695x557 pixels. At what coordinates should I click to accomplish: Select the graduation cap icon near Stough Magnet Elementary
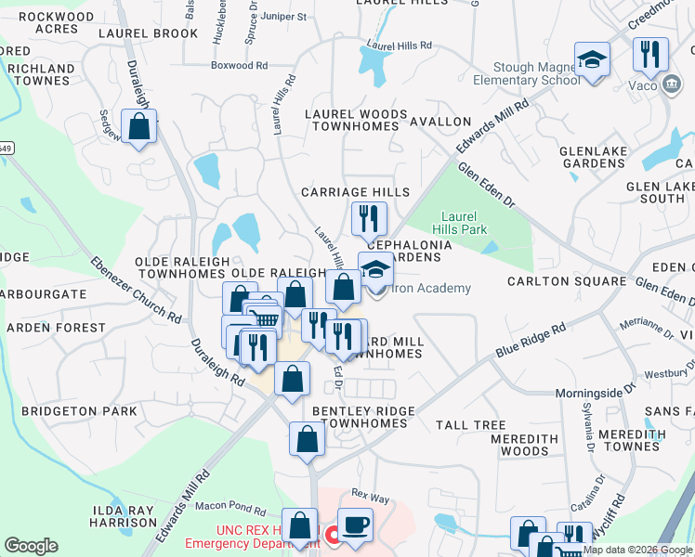coord(591,59)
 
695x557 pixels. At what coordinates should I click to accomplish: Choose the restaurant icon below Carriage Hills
coord(369,219)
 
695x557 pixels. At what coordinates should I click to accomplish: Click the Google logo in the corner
coord(31,546)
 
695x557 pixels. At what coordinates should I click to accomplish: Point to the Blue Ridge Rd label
coord(531,341)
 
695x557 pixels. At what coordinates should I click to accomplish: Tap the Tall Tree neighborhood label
coord(470,425)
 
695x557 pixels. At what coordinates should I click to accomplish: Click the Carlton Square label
coord(566,281)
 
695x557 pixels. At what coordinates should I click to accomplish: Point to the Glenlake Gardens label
coord(592,157)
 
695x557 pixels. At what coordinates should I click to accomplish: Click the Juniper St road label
coord(283,17)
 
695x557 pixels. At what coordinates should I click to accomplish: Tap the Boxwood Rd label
coord(239,66)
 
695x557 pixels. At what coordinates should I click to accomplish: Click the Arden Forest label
coord(56,328)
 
